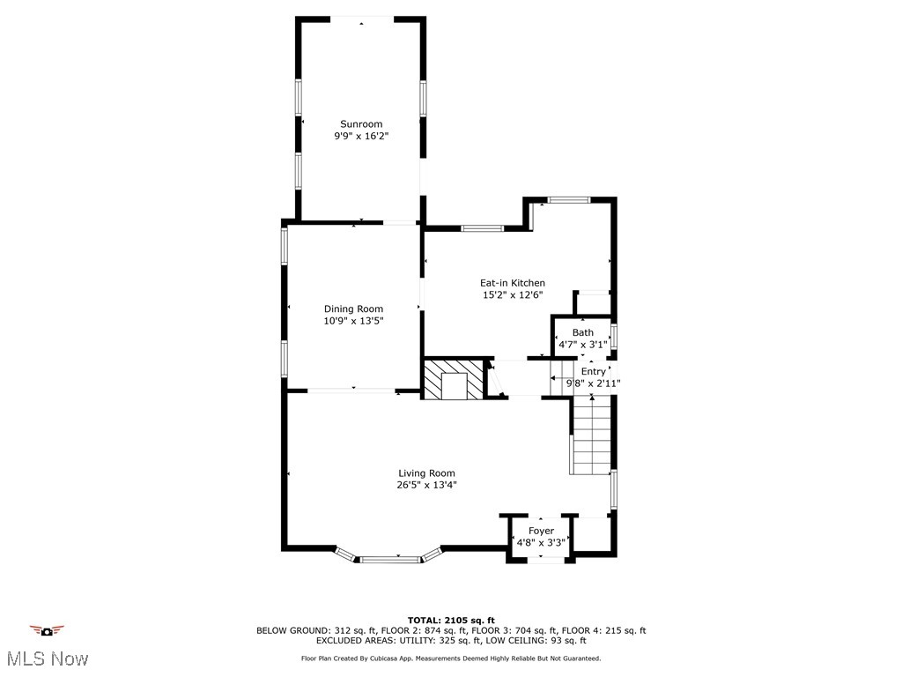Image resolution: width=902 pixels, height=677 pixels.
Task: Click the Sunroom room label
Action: coord(361,124)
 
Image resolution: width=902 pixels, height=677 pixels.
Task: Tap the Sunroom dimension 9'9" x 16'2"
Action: coord(361,137)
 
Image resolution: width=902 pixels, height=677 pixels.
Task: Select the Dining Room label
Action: coord(353,309)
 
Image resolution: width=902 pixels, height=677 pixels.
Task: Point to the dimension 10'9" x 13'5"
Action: coord(353,321)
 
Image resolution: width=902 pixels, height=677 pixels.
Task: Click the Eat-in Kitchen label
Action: coord(512,283)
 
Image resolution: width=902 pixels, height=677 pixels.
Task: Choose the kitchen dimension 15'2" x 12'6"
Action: coord(512,295)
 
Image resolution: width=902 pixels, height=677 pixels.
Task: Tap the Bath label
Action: coord(582,332)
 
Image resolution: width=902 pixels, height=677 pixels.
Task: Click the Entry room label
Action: coord(593,372)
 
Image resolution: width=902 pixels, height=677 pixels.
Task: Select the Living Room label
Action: coord(426,473)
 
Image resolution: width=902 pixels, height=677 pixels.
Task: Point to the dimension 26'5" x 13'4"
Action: coord(426,485)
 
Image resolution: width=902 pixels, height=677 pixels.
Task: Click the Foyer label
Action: coord(541,531)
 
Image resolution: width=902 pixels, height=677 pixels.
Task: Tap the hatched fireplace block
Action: coord(454,379)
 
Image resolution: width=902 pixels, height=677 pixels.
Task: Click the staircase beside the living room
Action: coord(591,436)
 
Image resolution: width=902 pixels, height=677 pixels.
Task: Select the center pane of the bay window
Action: coord(390,558)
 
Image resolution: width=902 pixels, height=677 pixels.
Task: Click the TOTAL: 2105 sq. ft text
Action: coord(451,620)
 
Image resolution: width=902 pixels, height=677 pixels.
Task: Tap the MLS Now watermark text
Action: coord(47,658)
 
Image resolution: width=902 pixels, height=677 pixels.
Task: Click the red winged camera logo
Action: coord(47,630)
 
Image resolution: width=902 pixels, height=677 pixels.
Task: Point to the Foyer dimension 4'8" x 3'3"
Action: coord(541,543)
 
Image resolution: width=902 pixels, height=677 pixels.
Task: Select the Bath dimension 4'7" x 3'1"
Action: coord(582,345)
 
